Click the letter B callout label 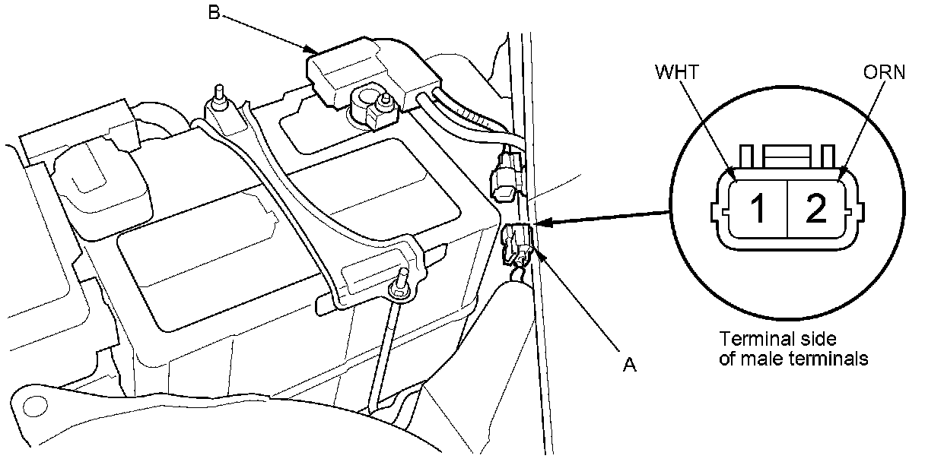pos(215,12)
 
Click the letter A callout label pos(628,365)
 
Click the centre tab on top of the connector pos(787,156)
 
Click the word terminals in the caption pos(831,359)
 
